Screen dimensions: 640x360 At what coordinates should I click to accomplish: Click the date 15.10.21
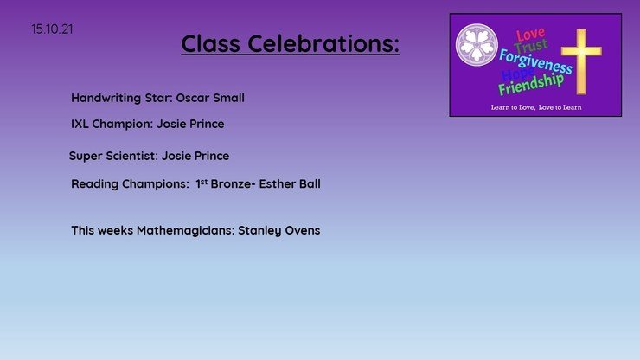(52, 29)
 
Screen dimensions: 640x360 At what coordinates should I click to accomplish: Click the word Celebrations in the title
(323, 43)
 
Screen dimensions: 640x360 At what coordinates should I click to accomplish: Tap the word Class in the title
(211, 43)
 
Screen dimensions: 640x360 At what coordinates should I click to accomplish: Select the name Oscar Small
(210, 98)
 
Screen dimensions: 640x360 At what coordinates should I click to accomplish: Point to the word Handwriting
(106, 99)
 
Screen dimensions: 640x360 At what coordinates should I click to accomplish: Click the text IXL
(80, 124)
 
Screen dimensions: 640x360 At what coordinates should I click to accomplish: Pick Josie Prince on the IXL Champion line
(190, 124)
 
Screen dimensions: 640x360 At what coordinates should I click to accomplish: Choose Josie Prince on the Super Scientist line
(195, 156)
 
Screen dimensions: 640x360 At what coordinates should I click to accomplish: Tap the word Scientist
(131, 156)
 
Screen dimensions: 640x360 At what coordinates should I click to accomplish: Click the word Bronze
(233, 183)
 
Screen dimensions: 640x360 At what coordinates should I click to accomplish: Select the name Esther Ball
(290, 183)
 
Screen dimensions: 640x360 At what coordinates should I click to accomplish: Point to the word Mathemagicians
(185, 231)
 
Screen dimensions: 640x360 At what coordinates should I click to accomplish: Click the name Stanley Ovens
(279, 231)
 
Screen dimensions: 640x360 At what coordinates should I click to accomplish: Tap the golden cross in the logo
(581, 61)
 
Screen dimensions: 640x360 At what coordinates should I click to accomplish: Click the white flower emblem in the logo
(477, 44)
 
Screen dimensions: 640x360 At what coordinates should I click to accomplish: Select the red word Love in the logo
(531, 35)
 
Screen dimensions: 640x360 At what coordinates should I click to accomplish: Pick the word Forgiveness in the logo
(535, 61)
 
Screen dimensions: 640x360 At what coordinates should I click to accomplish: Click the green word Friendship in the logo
(531, 84)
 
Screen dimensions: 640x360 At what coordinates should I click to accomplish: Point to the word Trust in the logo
(531, 46)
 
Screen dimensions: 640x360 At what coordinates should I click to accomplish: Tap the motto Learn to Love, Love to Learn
(536, 107)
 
